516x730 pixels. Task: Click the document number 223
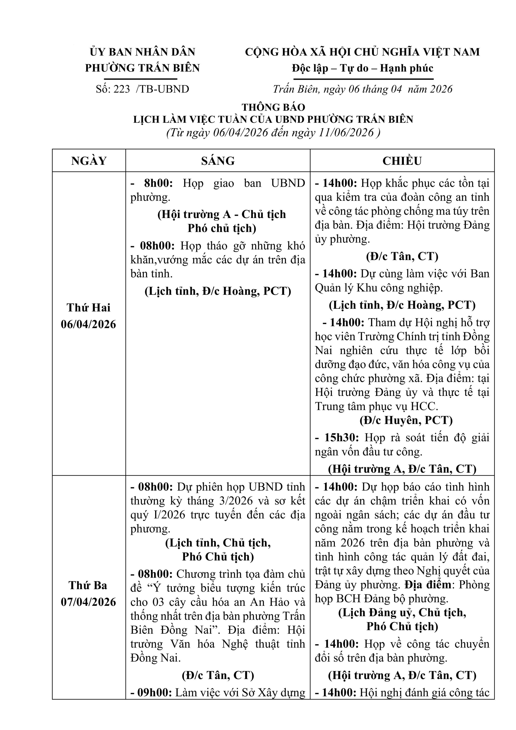click(x=121, y=89)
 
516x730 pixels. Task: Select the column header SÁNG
click(x=218, y=161)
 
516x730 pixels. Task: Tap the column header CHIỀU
click(x=402, y=161)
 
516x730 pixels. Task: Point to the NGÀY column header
click(x=89, y=161)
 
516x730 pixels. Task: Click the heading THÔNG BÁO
click(x=273, y=107)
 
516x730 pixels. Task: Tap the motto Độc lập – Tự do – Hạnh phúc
click(x=363, y=68)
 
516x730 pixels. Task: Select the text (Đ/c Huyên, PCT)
click(x=406, y=420)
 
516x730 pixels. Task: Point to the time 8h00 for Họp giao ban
click(x=158, y=183)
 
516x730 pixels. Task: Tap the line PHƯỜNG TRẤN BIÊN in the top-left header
click(x=142, y=68)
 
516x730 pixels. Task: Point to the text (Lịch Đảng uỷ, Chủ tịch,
click(x=402, y=612)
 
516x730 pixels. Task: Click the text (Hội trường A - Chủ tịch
click(x=222, y=214)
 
